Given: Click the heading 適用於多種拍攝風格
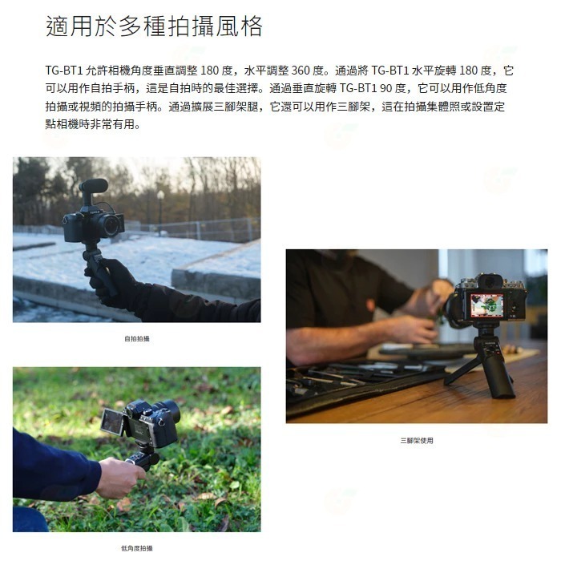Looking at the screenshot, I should click(154, 27).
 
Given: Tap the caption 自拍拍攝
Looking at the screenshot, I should click(136, 339).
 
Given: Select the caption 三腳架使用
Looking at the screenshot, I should click(417, 440).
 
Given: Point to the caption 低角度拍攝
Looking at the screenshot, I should click(136, 548).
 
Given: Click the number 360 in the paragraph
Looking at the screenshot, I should click(301, 71).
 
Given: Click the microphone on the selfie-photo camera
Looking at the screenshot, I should click(94, 186).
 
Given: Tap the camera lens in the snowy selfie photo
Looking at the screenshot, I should click(111, 225).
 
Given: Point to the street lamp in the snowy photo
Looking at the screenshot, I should click(161, 204).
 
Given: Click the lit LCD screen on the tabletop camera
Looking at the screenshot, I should click(487, 305).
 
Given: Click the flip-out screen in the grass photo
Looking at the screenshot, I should click(111, 422).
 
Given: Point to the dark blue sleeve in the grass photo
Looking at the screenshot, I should click(52, 464).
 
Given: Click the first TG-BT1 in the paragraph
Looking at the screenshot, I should click(62, 71).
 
